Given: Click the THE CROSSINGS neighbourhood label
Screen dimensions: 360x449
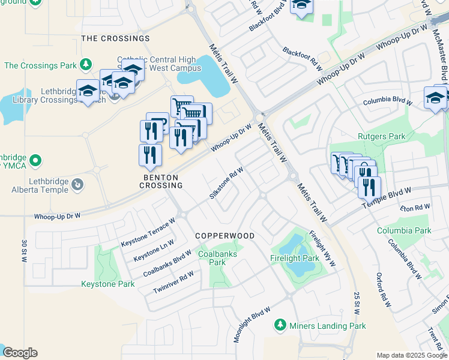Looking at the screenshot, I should (115, 38).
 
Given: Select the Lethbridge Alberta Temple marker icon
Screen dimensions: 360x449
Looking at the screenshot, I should (77, 185).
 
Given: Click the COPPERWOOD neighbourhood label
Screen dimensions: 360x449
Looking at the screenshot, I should (224, 236).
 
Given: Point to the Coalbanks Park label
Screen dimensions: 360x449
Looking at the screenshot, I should (212, 258).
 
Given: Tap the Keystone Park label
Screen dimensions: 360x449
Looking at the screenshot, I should (108, 284).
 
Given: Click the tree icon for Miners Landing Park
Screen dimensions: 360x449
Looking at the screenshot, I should (280, 325).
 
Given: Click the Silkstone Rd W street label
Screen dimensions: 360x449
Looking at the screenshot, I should (226, 184).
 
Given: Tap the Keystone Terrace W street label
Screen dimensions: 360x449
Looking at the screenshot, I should (148, 233).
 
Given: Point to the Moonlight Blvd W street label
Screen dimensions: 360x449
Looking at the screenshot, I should (252, 324).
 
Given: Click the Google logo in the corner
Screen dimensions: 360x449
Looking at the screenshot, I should (20, 353).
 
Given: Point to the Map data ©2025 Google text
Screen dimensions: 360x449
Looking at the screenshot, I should (411, 355).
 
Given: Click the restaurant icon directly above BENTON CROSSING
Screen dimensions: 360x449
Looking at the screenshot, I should (150, 154).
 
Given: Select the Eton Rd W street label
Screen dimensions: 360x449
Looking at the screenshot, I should (415, 208).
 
